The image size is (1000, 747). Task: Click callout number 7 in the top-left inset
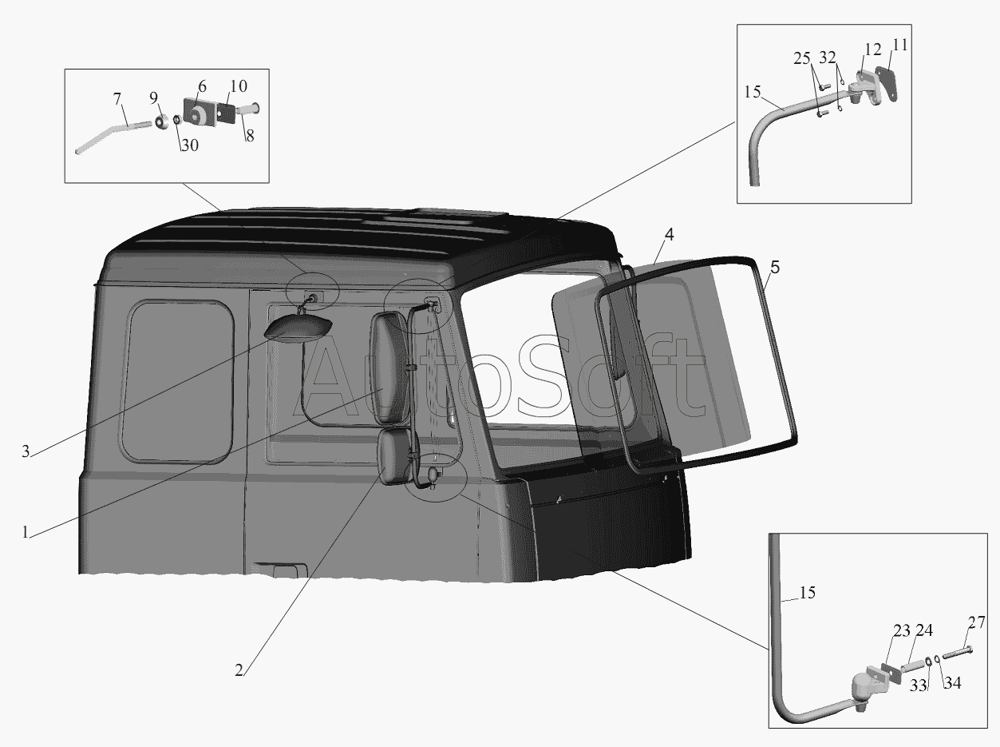point(117,99)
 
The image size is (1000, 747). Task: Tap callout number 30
point(190,145)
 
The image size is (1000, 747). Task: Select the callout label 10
point(239,86)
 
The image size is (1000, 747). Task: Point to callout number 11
point(900,46)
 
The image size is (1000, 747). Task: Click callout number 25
point(802,58)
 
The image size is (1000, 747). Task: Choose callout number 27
point(976,622)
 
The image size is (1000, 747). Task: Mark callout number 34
point(952,683)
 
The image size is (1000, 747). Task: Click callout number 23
point(902,630)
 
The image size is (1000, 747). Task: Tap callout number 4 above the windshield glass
point(670,234)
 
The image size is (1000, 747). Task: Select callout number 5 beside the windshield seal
point(775,267)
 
